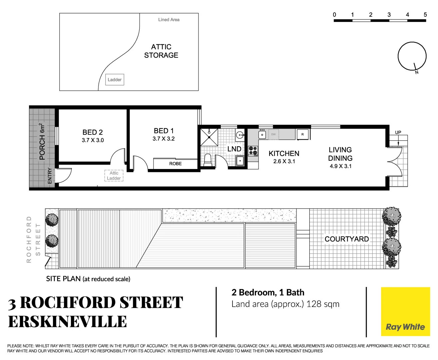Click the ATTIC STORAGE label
[161, 51]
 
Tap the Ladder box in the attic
[115, 80]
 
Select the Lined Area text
[169, 20]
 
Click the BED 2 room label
[93, 132]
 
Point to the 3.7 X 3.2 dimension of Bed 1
[164, 139]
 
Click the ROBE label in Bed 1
[175, 164]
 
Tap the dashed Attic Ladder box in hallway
[114, 176]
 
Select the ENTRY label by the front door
[50, 176]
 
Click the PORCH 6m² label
[42, 142]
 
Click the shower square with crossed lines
[209, 137]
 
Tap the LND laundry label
[234, 149]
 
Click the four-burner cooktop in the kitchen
[253, 151]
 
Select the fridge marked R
[302, 134]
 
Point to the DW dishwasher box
[273, 134]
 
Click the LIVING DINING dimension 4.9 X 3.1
[340, 166]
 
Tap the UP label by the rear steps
[398, 132]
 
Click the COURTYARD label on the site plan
[347, 239]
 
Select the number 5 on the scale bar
[425, 15]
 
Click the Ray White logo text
[405, 327]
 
